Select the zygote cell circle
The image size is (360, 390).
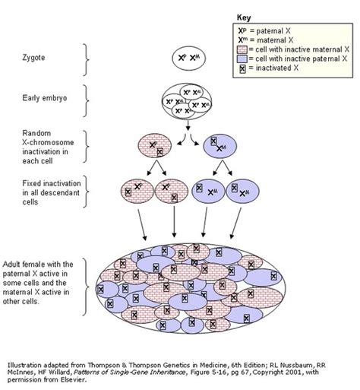click(x=181, y=58)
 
